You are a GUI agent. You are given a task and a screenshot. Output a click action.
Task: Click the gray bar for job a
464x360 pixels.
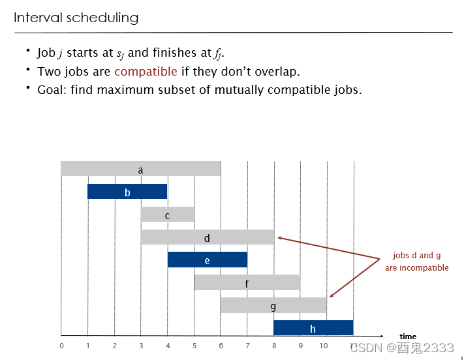140,169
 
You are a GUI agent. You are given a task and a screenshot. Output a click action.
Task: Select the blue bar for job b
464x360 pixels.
127,192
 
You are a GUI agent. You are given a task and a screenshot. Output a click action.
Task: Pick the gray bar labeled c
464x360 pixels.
167,215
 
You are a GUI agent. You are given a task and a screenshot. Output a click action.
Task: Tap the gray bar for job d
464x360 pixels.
207,237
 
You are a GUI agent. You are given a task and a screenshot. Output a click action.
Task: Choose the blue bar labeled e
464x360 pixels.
207,260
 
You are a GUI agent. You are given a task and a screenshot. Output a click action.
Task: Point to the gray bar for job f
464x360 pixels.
247,282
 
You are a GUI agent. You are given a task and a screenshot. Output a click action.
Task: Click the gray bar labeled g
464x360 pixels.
273,305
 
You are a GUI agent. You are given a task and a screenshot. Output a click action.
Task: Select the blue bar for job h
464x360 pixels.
313,328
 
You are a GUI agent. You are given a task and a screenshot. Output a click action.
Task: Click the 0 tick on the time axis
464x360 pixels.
61,346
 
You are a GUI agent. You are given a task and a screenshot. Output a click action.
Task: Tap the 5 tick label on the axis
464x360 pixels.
194,346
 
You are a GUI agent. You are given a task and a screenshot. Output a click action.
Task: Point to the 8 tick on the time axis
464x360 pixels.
273,346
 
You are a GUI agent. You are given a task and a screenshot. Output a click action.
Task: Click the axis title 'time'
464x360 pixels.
408,337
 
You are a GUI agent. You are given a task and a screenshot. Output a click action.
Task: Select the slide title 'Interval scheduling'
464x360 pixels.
76,18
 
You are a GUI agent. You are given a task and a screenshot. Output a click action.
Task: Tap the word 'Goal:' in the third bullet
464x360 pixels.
52,90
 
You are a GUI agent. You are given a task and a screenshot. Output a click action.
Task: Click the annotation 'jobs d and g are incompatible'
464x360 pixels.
416,262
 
